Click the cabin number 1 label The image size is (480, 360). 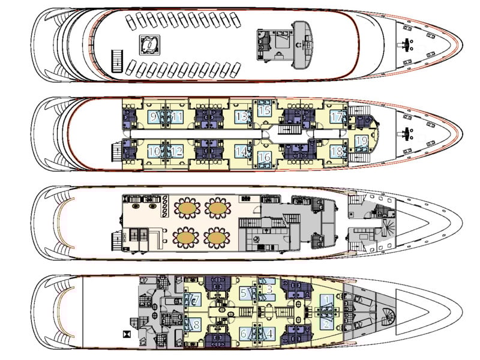tap(326, 300)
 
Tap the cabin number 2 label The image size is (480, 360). tap(326, 324)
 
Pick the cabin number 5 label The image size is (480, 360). tap(244, 293)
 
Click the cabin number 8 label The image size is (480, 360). tap(196, 325)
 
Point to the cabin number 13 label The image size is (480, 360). tap(241, 117)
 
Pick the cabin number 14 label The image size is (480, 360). tap(241, 151)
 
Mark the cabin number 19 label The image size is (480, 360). tap(361, 142)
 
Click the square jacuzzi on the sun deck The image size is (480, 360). tap(148, 44)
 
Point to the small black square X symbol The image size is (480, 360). tap(125, 334)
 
